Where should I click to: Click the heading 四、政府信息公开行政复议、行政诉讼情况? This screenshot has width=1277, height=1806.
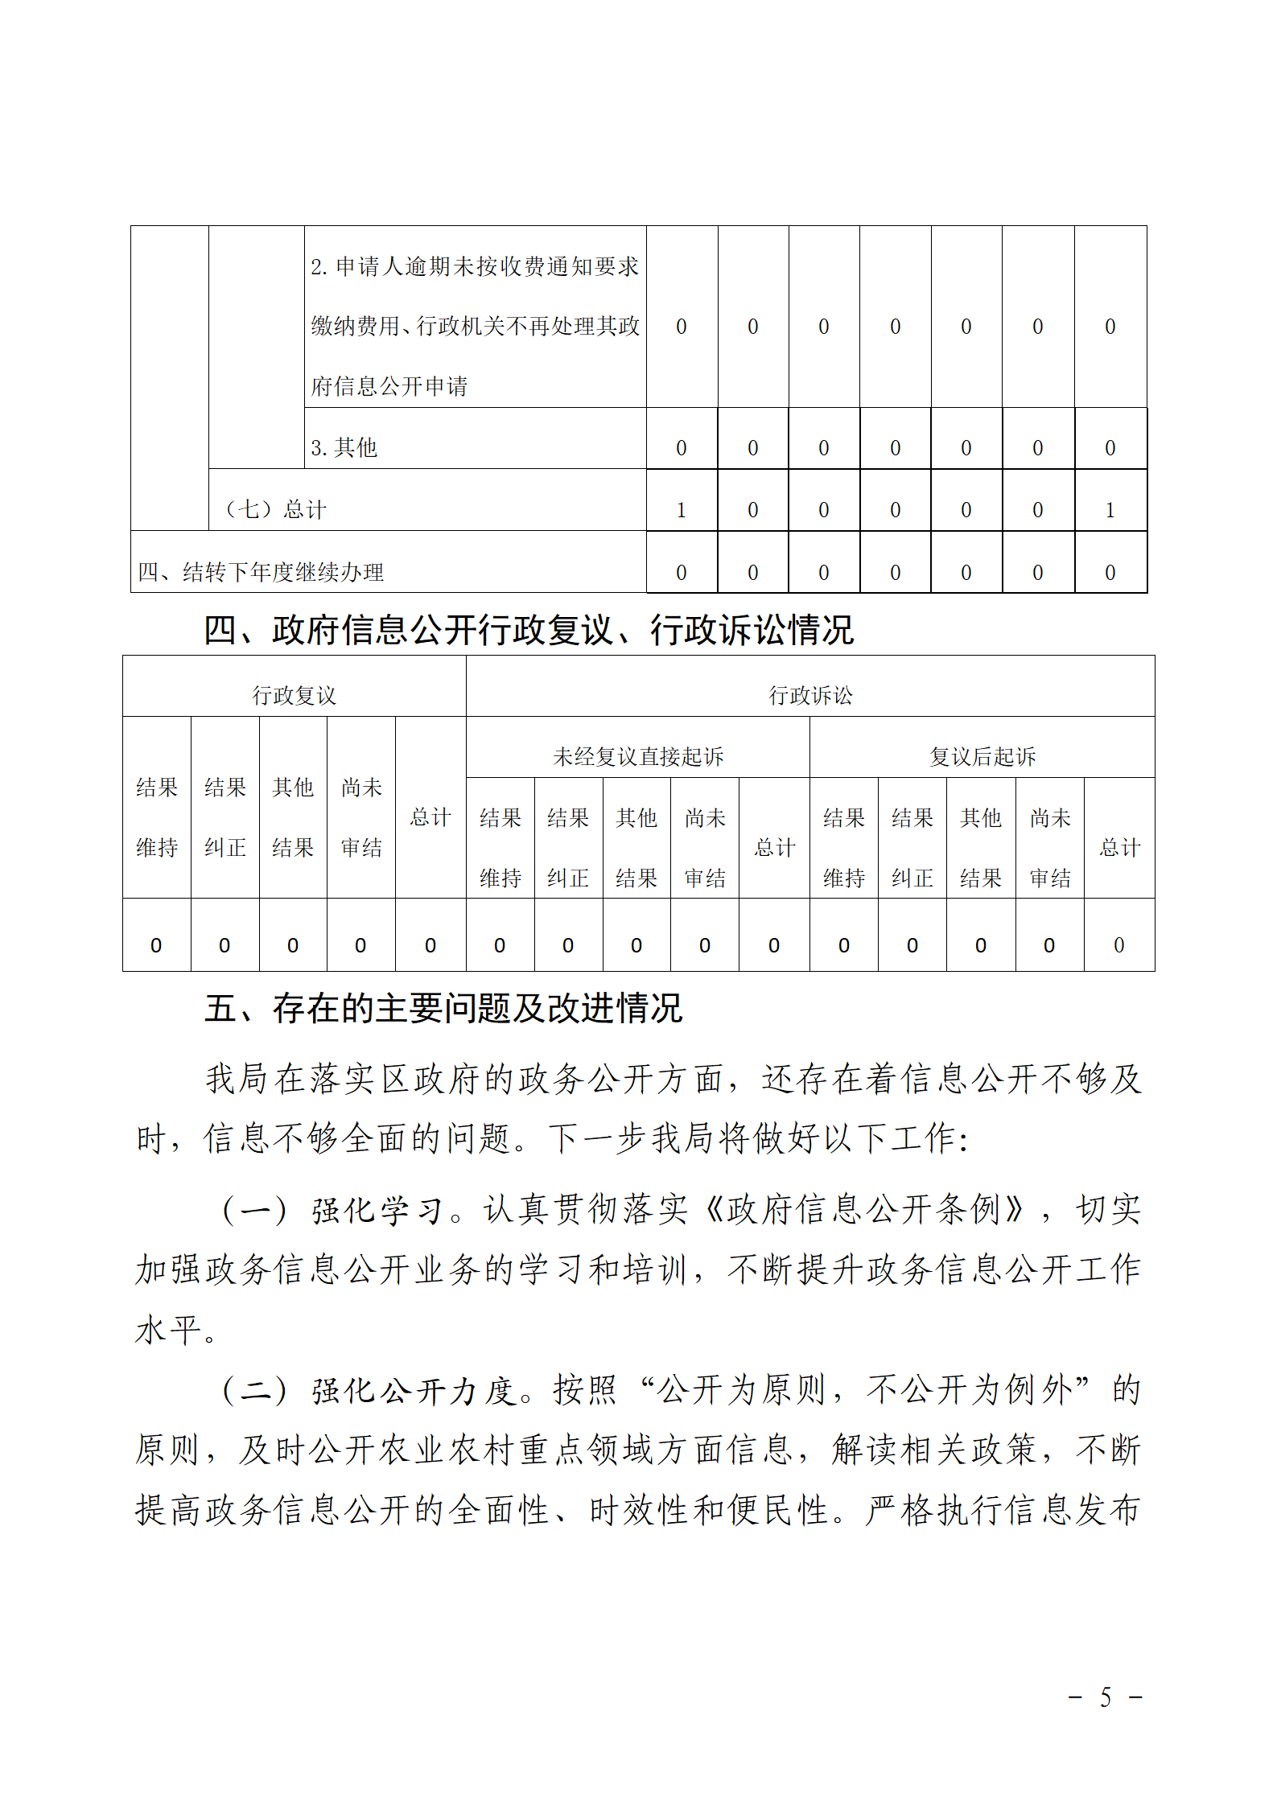pos(528,630)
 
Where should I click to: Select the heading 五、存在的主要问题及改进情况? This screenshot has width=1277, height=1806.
pos(443,1008)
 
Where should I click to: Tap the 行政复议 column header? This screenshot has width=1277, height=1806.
pos(294,695)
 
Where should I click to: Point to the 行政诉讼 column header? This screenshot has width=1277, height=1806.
pos(810,695)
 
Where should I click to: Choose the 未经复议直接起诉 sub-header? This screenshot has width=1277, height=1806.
pos(638,756)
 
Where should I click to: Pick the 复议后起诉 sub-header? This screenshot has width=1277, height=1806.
pos(982,756)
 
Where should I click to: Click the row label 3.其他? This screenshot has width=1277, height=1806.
pos(344,447)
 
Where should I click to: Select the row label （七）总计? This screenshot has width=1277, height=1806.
pos(275,509)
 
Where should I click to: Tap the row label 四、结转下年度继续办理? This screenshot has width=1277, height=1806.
pos(261,572)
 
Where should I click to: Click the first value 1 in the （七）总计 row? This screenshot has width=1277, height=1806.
pos(681,510)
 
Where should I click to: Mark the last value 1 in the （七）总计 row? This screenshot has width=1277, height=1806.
pos(1110,510)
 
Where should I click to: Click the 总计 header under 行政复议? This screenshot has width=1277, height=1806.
pos(430,817)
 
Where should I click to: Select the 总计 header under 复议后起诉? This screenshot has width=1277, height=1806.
pos(1119,847)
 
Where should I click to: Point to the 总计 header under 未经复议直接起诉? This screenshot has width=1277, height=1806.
pos(774,847)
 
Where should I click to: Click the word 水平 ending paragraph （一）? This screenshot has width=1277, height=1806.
pos(167,1331)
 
